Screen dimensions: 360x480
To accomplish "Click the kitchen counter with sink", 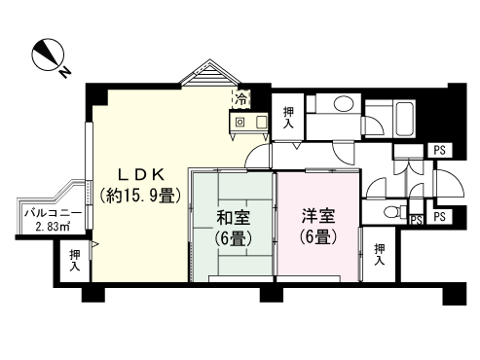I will click(249, 123).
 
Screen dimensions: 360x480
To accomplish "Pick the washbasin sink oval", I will click(342, 105).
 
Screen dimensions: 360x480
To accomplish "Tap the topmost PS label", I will click(439, 149).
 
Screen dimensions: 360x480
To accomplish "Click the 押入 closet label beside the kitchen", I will click(288, 117).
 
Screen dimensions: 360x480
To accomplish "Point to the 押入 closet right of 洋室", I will click(379, 254).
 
